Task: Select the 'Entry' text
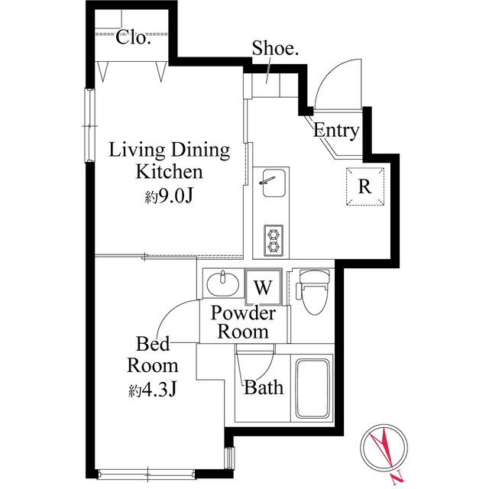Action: coord(336,131)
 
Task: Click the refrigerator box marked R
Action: coord(364,186)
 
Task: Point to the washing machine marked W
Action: coord(263,287)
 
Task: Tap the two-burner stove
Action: coord(272,239)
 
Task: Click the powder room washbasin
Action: coord(223,286)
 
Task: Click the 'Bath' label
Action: coord(264,387)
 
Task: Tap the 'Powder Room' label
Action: coord(244,322)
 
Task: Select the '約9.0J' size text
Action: coord(169,196)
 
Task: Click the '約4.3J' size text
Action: coord(153,390)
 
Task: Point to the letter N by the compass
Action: coord(394,478)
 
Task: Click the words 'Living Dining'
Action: coord(169,150)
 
